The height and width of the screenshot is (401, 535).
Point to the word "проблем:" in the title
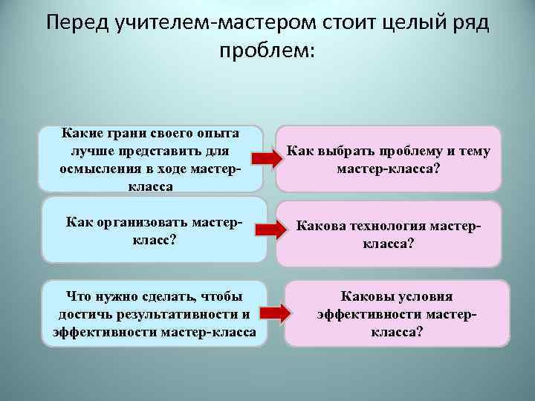267,51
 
